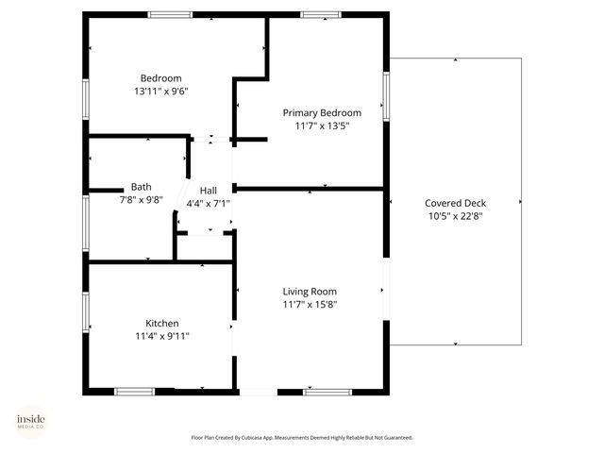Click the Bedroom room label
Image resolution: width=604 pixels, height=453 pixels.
(x=160, y=78)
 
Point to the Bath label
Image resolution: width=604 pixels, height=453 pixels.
(x=141, y=187)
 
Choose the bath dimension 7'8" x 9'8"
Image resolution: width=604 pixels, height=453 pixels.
(x=141, y=200)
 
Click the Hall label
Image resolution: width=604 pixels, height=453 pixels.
(x=208, y=190)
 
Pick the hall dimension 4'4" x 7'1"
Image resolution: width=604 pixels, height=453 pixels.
(x=208, y=203)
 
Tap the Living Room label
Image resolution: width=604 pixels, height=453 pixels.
(x=310, y=292)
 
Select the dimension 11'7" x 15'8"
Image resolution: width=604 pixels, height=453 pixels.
(x=310, y=305)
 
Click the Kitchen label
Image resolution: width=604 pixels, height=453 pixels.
(x=161, y=323)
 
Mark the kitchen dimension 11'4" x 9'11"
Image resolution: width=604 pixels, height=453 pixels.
(x=161, y=336)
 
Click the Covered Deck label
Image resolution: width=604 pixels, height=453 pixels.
(x=455, y=203)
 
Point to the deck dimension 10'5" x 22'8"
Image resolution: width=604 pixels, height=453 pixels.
(x=455, y=216)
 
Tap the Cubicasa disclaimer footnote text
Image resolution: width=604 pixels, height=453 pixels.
(x=302, y=438)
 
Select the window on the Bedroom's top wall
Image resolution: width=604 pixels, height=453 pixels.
(x=170, y=14)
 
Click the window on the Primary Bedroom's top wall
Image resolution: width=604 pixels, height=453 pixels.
(x=321, y=14)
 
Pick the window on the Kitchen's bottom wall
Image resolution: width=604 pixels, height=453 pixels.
(x=134, y=391)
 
